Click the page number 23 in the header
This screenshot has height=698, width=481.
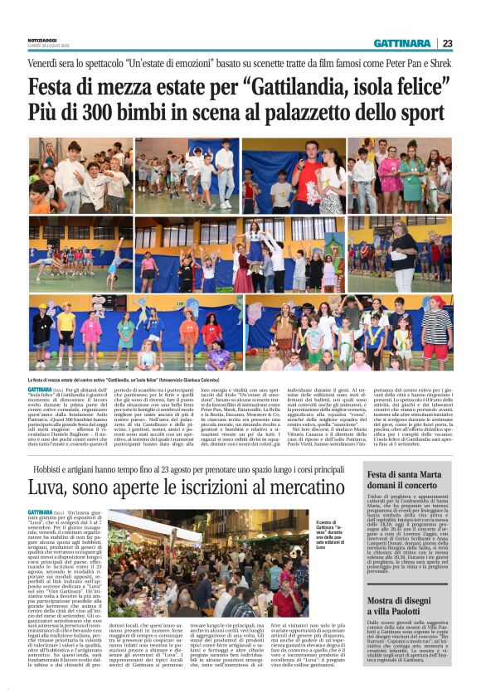point(447,43)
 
